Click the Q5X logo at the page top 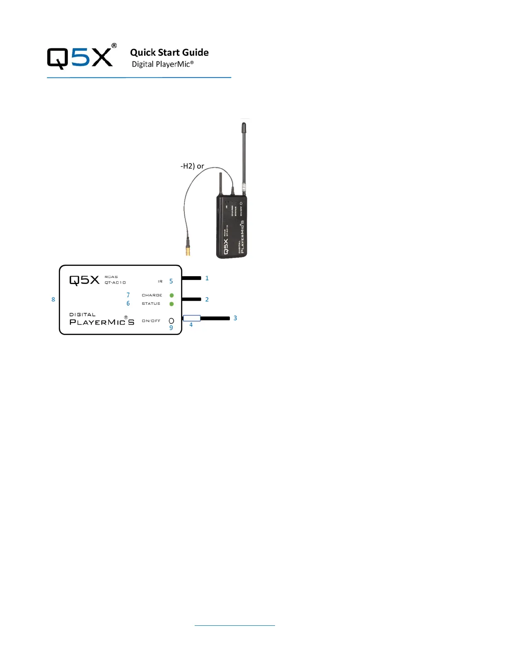point(81,57)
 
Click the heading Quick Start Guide point(169,53)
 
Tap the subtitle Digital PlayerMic point(162,64)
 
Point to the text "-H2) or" point(192,166)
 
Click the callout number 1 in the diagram point(207,278)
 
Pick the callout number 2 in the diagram point(207,299)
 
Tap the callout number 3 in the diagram point(235,318)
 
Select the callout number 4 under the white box point(191,325)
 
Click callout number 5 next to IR point(171,281)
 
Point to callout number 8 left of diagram point(53,299)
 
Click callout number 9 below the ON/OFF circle point(171,328)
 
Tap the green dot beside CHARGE point(171,295)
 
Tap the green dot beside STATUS point(171,304)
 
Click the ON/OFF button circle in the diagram point(171,321)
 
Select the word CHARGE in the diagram point(152,295)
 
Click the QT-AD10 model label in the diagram point(115,282)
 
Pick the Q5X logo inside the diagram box point(84,280)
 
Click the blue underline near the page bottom point(234,625)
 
